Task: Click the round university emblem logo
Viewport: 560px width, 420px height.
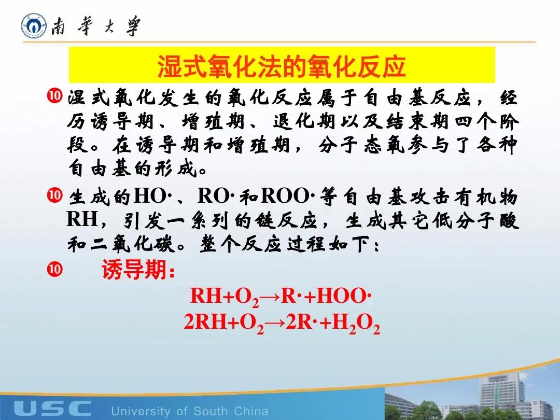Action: pyautogui.click(x=34, y=25)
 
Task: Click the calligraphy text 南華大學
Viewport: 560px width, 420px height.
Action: pyautogui.click(x=96, y=26)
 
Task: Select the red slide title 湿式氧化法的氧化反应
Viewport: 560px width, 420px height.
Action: pyautogui.click(x=282, y=66)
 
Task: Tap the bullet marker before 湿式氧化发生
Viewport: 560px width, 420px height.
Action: pyautogui.click(x=54, y=96)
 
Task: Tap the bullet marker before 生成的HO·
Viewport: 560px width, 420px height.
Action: pyautogui.click(x=54, y=195)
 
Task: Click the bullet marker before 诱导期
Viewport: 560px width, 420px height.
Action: pyautogui.click(x=54, y=269)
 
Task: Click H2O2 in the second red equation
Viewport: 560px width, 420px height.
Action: pyautogui.click(x=356, y=323)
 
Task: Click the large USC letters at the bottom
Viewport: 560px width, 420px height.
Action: pyautogui.click(x=52, y=408)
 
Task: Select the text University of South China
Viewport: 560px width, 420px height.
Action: pyautogui.click(x=190, y=411)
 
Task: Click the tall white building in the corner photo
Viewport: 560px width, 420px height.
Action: pyautogui.click(x=502, y=393)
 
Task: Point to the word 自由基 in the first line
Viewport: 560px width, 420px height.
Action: pyautogui.click(x=395, y=97)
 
